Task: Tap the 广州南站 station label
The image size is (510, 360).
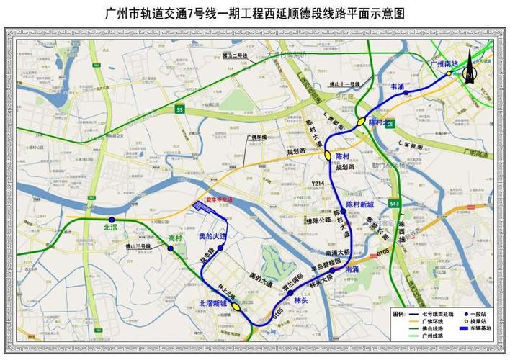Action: click(x=445, y=64)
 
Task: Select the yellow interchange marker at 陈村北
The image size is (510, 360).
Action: click(x=361, y=122)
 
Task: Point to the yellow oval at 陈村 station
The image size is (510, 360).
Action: click(x=328, y=155)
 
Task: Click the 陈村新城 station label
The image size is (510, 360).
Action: click(x=359, y=204)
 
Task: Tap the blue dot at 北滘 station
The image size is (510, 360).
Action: click(x=112, y=220)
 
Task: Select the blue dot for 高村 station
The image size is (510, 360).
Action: click(x=171, y=249)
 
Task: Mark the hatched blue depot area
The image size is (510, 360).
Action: click(x=210, y=209)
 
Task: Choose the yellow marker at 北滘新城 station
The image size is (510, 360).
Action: click(x=235, y=307)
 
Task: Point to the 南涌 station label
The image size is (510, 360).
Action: click(x=352, y=270)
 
